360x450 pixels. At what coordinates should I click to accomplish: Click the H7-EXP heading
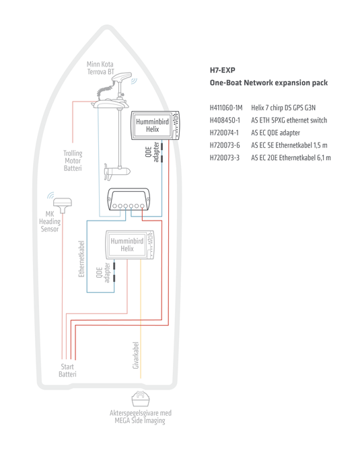point(222,70)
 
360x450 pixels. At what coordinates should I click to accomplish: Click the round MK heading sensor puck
point(67,202)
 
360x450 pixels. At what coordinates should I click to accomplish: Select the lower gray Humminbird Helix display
point(128,246)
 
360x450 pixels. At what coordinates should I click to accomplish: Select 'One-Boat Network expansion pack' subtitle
point(268,83)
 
